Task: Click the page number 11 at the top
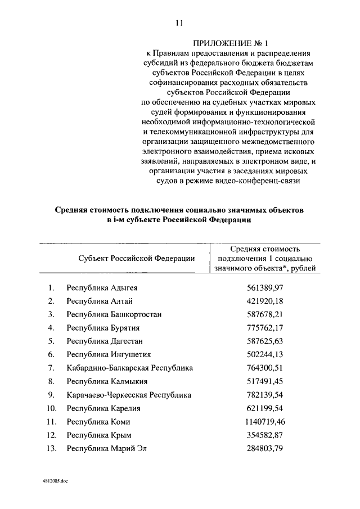pos(179,23)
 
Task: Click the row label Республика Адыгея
pos(102,288)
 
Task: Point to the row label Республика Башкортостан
pos(114,314)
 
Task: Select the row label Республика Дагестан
pos(105,341)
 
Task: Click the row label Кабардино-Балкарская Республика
pos(129,368)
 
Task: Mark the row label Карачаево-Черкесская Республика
pos(129,395)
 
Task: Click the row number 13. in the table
pos(52,448)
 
